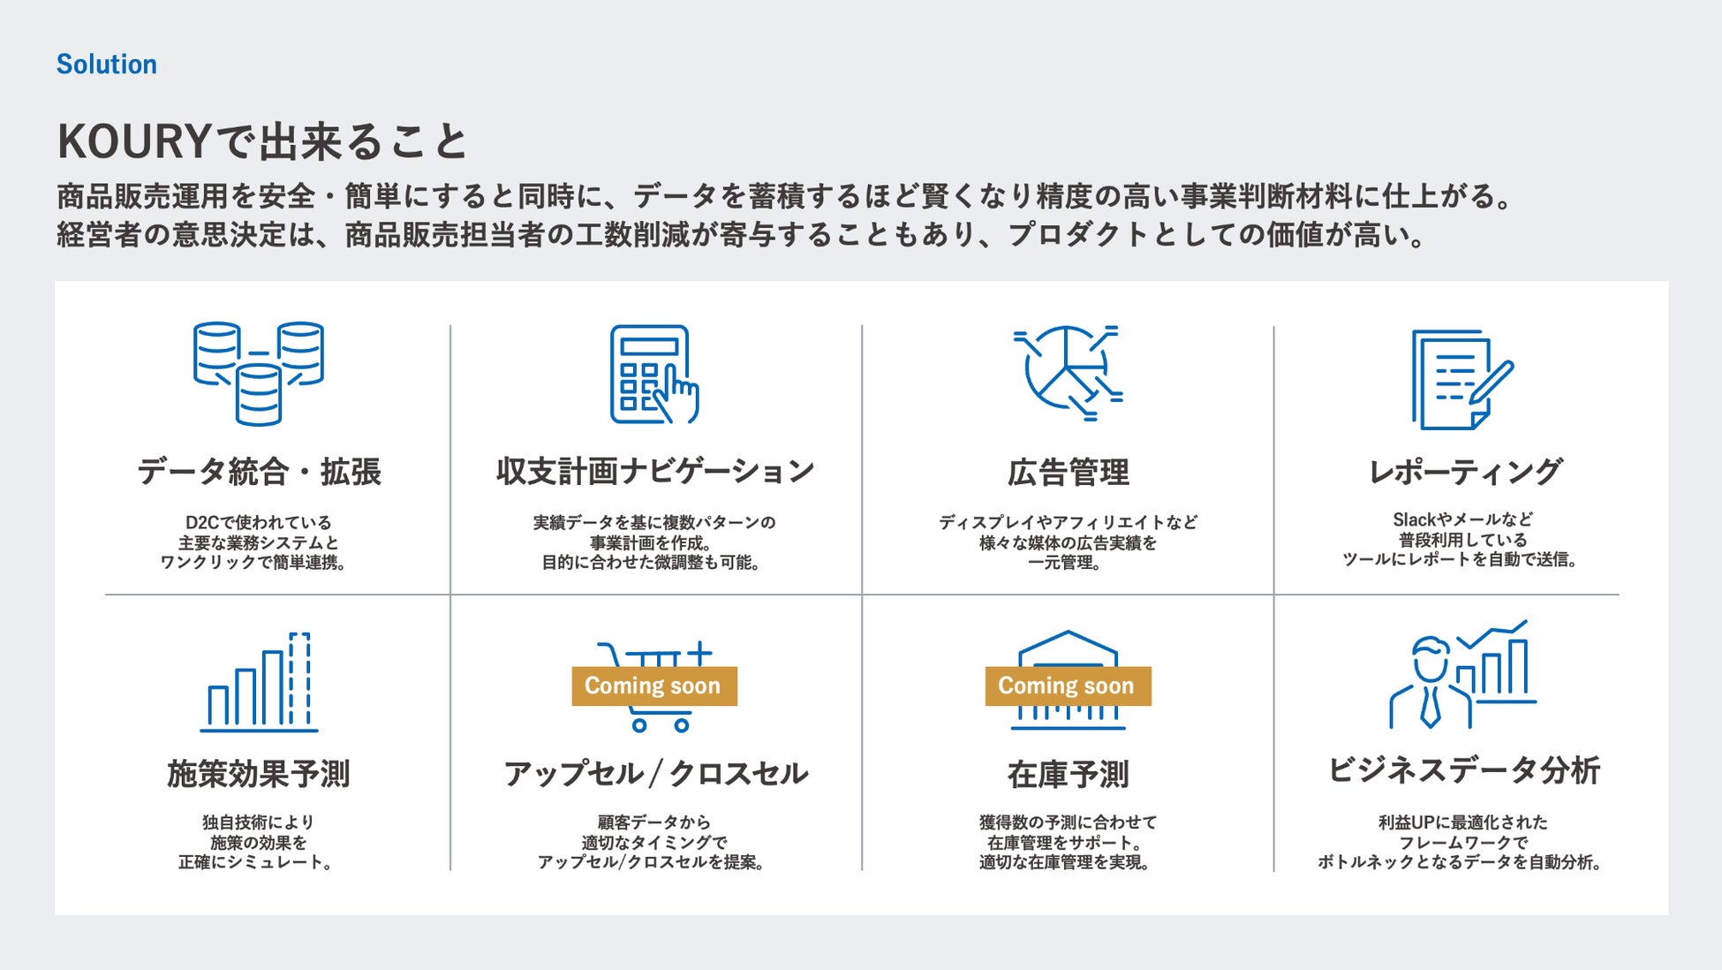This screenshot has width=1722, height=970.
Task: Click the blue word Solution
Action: [x=106, y=64]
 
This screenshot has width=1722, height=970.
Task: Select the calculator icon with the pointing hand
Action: [x=653, y=375]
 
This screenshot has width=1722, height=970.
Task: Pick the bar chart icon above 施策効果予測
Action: [x=259, y=682]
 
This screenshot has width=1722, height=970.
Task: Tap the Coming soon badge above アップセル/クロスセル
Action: [x=653, y=686]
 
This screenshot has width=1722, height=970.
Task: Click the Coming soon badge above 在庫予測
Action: [x=1067, y=686]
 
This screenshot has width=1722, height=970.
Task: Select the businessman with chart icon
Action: [x=1461, y=676]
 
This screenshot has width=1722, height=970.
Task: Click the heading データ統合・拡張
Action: [x=259, y=472]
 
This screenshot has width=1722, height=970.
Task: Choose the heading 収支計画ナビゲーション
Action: [x=654, y=472]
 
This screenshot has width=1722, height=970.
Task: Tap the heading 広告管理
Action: [x=1068, y=473]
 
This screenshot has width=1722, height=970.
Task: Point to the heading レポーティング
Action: [x=1464, y=472]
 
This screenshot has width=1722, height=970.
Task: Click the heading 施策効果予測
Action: [x=259, y=774]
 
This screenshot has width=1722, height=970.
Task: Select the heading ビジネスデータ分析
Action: [x=1463, y=770]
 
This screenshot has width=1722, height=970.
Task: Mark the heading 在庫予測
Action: [x=1068, y=775]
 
